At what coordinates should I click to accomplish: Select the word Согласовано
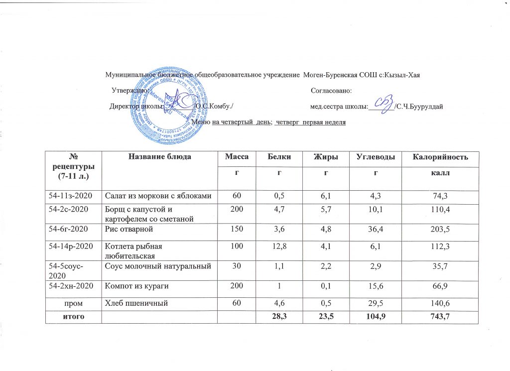click(x=331, y=90)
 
